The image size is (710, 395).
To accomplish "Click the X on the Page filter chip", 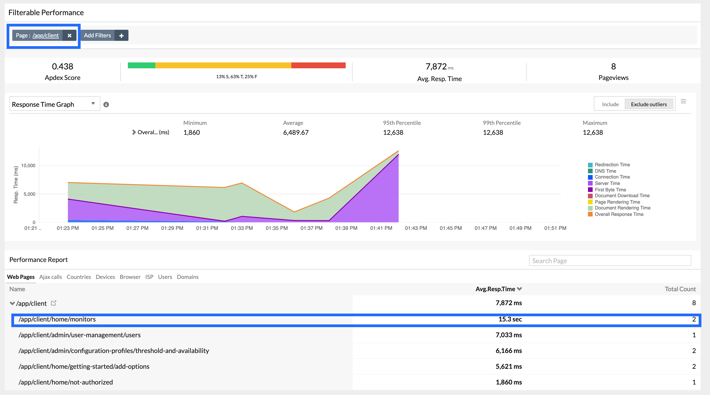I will pos(69,36).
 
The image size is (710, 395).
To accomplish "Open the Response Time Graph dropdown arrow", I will pos(93,104).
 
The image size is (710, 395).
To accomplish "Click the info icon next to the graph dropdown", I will pos(106,104).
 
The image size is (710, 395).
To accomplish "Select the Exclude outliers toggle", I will pos(649,104).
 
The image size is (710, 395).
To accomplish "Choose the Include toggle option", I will pos(610,104).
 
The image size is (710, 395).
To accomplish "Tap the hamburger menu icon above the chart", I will pos(683,102).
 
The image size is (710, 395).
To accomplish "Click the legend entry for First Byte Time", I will pos(610,190).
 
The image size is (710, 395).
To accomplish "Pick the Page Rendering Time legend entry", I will pos(617,202).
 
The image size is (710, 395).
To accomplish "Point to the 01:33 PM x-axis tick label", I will pos(242,228).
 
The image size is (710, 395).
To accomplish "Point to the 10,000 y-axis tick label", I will pos(28,166).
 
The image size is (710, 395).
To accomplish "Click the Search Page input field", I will pos(610,261).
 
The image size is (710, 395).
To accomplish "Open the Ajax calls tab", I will pos(51,277).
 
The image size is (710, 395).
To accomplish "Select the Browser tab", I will pos(130,277).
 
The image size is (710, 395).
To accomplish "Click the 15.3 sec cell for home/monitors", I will pos(510,319).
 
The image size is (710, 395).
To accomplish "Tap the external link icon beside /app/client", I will pos(53,303).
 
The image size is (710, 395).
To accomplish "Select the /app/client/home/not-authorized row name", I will pos(66,382).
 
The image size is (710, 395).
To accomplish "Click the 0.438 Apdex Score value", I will pos(62,67).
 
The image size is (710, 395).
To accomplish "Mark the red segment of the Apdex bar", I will pos(318,65).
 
